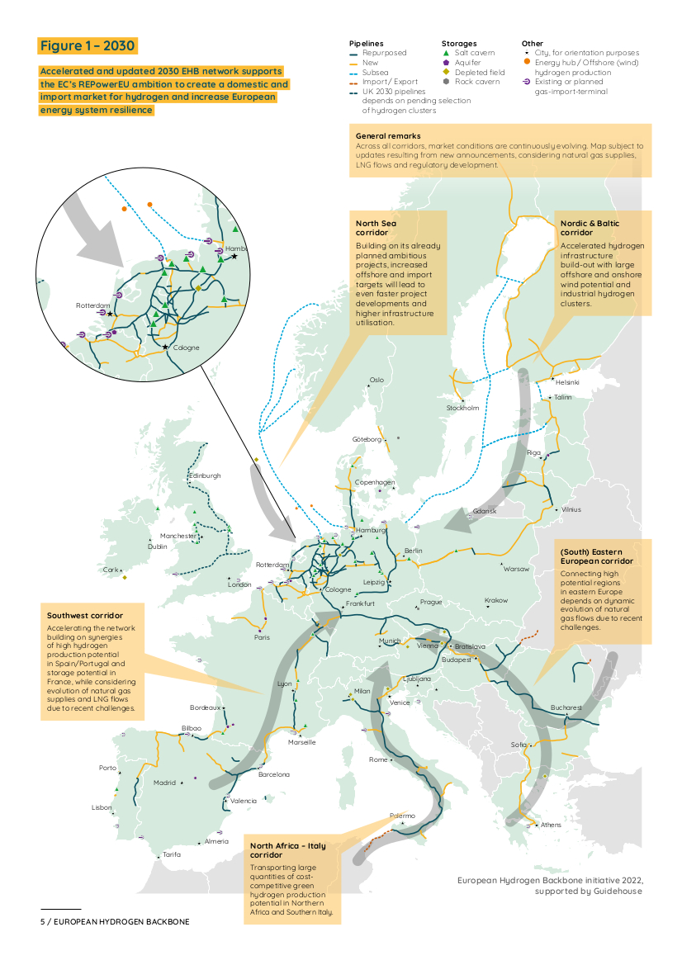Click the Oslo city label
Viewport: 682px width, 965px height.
click(377, 380)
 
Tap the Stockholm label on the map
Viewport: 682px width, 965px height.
click(462, 408)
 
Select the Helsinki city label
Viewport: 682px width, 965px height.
click(567, 382)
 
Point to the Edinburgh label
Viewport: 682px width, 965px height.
click(205, 475)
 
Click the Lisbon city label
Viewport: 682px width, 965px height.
click(102, 807)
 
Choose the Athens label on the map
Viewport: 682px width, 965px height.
click(551, 825)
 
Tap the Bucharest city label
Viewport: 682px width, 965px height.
click(566, 707)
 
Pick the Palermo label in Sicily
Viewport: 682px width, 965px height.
click(403, 816)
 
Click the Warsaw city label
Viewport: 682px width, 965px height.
click(517, 569)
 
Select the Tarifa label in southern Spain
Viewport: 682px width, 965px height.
click(172, 854)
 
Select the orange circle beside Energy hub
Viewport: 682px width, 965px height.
click(527, 63)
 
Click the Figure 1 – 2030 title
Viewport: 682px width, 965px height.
click(88, 45)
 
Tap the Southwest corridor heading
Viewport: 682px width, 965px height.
click(85, 616)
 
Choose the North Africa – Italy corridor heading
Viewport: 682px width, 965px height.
click(289, 850)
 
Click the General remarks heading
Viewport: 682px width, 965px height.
click(388, 135)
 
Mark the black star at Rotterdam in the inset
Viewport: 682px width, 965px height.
click(110, 314)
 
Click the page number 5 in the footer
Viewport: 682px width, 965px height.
click(43, 921)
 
